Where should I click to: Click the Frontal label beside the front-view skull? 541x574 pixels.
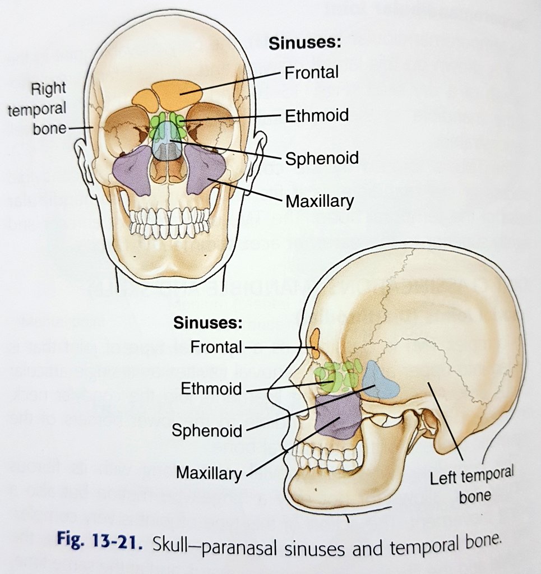point(311,72)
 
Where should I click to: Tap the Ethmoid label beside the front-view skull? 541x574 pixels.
point(317,115)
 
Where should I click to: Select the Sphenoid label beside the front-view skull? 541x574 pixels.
point(321,158)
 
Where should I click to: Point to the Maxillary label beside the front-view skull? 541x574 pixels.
point(320,200)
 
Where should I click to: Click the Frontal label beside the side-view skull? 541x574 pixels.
point(216,348)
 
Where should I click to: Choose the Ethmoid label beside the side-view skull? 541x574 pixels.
point(211,388)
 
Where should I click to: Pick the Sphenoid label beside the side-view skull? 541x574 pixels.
point(207,430)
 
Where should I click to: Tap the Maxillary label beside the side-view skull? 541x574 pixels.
point(209,473)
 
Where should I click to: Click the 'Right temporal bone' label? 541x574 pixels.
point(38,109)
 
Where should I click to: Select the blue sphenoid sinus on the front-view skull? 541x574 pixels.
point(166,143)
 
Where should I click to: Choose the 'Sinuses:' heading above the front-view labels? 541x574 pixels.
point(305,43)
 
